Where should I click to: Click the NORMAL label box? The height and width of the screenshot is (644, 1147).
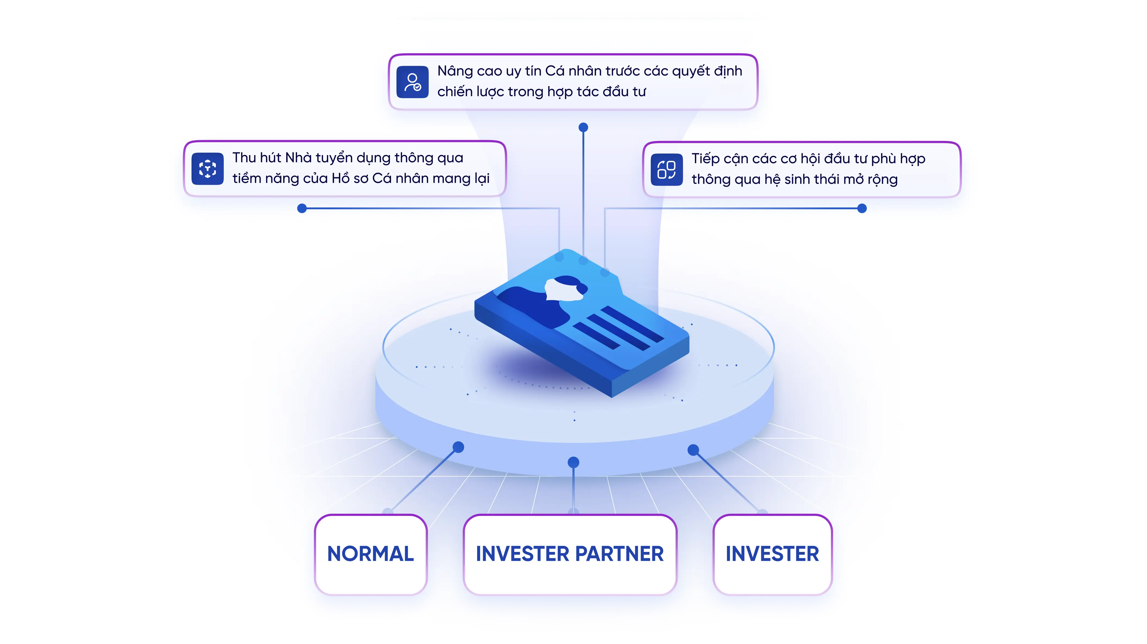[x=370, y=554]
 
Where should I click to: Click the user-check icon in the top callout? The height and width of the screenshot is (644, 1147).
[x=412, y=82]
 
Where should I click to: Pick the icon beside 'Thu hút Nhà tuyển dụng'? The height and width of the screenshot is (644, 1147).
[x=207, y=169]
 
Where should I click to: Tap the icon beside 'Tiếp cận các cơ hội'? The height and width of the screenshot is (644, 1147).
[x=667, y=170]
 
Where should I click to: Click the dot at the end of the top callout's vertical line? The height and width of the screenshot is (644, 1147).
[x=583, y=127]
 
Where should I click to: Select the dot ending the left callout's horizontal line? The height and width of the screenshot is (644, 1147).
[x=302, y=208]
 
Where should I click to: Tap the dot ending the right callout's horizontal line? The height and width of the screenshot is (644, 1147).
[x=862, y=208]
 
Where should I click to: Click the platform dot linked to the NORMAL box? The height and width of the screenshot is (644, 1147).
[x=458, y=447]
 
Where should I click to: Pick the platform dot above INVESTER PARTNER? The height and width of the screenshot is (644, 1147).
[x=573, y=462]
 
